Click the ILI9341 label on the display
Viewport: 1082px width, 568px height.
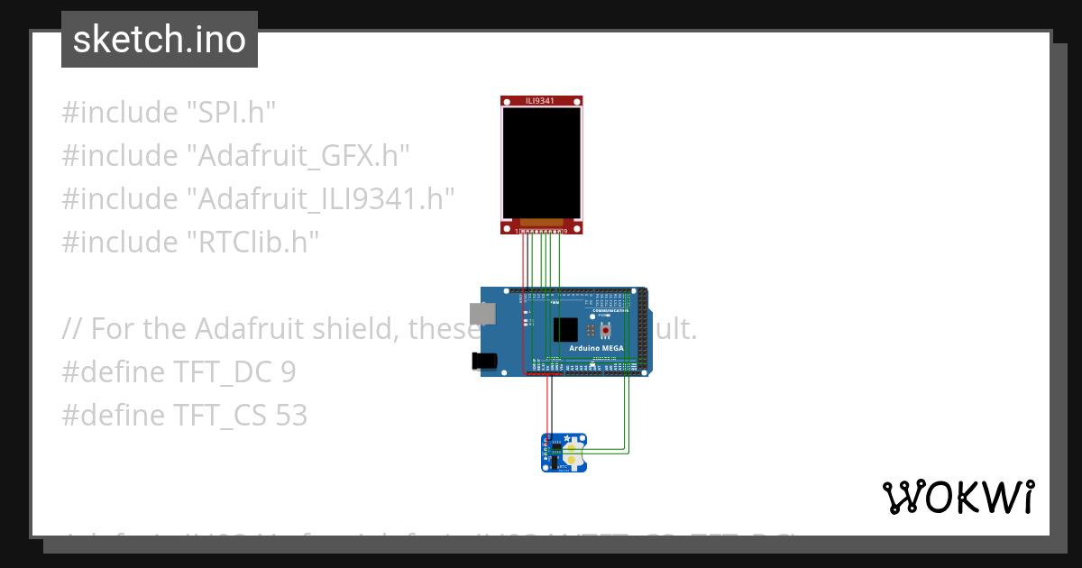pos(539,100)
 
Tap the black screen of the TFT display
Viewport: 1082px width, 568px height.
pos(541,162)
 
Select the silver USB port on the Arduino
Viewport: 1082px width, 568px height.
pos(484,313)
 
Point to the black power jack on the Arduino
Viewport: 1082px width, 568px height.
pos(484,361)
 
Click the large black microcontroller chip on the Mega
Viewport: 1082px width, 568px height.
pos(565,329)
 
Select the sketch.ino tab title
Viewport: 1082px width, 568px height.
pos(160,40)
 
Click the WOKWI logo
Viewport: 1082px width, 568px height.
pos(958,497)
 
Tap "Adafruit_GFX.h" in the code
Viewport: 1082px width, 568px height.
pos(298,156)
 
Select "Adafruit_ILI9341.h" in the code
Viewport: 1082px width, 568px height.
pos(319,199)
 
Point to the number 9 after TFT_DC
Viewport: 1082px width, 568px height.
pos(288,372)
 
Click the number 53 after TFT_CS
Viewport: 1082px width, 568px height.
pos(292,416)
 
